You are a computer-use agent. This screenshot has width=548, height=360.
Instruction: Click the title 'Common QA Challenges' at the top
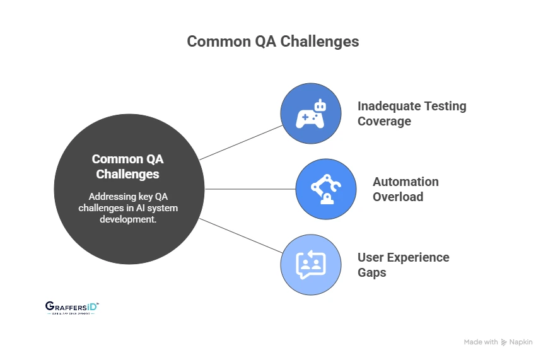coord(273,42)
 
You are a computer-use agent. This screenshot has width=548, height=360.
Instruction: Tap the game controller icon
coord(311,113)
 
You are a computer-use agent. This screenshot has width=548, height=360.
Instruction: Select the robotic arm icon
coord(326,189)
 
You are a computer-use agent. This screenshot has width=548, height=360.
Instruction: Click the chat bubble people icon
coord(311,265)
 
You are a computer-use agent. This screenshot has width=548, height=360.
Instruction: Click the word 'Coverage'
coord(384,121)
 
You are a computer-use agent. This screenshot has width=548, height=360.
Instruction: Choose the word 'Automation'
coord(405,182)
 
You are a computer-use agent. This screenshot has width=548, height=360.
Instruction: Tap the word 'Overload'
coord(398,197)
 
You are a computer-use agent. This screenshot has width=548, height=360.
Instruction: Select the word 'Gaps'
coord(372,272)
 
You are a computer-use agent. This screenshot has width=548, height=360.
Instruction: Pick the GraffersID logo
coord(72,307)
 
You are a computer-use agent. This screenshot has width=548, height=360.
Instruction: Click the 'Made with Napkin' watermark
coord(498,342)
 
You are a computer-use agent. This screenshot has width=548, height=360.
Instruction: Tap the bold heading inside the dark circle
coord(129,166)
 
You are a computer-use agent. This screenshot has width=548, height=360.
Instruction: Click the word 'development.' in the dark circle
coord(129,219)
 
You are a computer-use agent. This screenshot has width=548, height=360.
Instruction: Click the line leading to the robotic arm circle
coord(250,189)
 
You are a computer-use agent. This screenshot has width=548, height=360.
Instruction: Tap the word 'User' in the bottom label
coord(371,257)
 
